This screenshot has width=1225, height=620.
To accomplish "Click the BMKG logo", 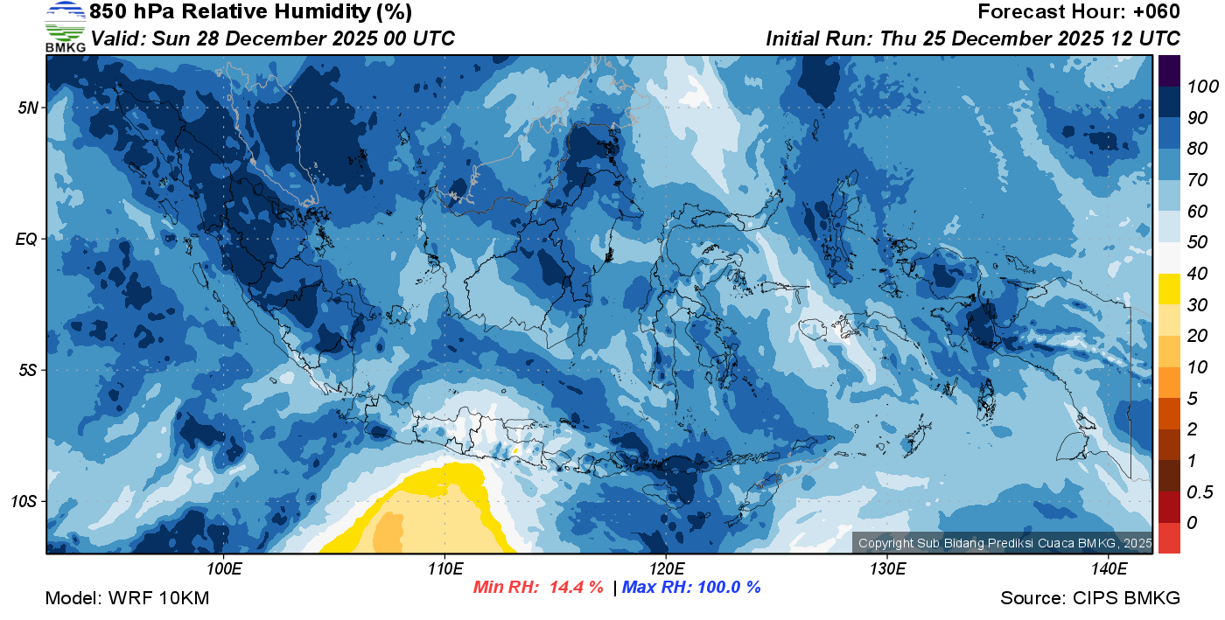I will click(x=65, y=26).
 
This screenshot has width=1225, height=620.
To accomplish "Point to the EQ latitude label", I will click(x=27, y=239).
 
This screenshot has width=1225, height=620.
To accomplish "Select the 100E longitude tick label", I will click(x=224, y=568).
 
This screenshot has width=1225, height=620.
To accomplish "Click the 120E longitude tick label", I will click(x=666, y=568).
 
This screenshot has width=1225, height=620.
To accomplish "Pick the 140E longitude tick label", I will click(x=1109, y=568).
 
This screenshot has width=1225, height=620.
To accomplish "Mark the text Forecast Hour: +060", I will click(x=1078, y=12).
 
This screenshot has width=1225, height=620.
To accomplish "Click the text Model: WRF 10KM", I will click(x=127, y=598).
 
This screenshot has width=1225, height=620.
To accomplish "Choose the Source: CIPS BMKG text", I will click(x=1090, y=598).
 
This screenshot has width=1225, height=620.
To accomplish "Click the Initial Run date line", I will click(x=973, y=38).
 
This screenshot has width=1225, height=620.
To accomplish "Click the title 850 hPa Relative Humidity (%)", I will click(x=250, y=12).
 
